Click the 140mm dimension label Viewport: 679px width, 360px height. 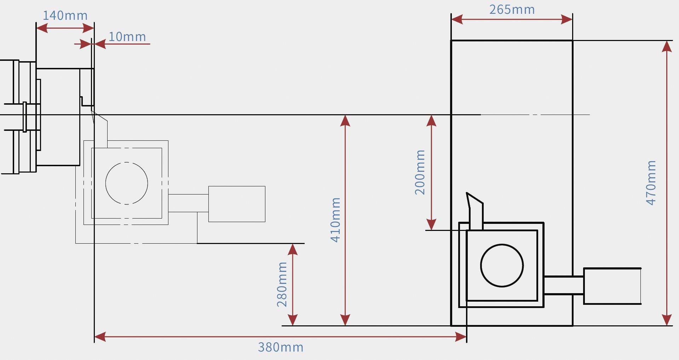(x=65, y=16)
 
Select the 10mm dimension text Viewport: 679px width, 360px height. (x=127, y=37)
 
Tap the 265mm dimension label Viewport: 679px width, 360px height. (x=512, y=10)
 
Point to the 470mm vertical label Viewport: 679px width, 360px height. (x=651, y=183)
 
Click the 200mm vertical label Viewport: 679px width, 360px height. (x=420, y=172)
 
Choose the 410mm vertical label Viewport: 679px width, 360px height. (x=335, y=220)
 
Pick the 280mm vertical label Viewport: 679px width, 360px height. (x=282, y=284)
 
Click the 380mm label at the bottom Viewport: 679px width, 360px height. (x=281, y=347)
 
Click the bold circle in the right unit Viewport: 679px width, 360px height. (x=502, y=266)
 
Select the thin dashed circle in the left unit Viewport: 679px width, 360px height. (x=127, y=183)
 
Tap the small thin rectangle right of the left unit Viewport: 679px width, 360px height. (x=237, y=204)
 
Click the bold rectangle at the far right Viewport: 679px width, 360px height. (x=612, y=286)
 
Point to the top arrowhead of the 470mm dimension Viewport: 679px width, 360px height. (x=667, y=46)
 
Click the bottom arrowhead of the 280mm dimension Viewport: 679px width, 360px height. (x=293, y=320)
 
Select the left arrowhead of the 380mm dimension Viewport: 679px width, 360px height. (x=100, y=337)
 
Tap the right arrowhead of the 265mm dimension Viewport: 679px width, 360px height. (x=566, y=19)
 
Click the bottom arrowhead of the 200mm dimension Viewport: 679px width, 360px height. (x=431, y=225)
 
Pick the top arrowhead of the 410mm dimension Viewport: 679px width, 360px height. (x=345, y=121)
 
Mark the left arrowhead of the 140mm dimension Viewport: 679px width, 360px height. (x=42, y=28)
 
